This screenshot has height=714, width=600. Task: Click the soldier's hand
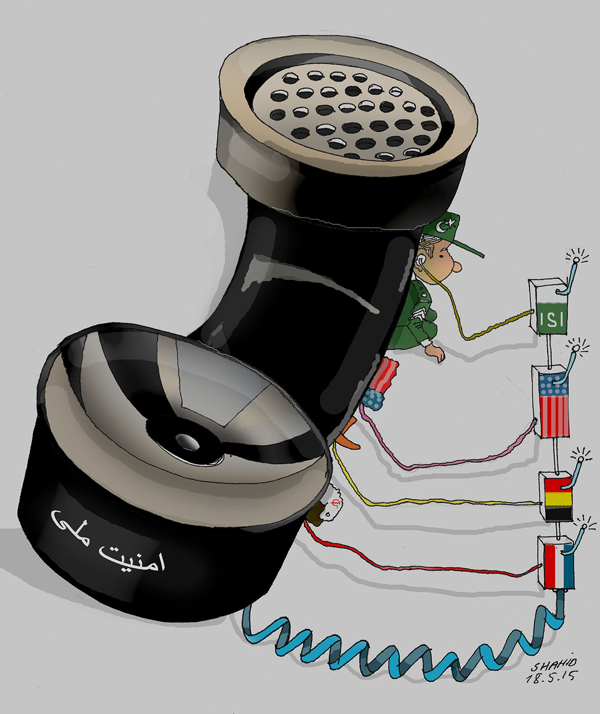point(437,353)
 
